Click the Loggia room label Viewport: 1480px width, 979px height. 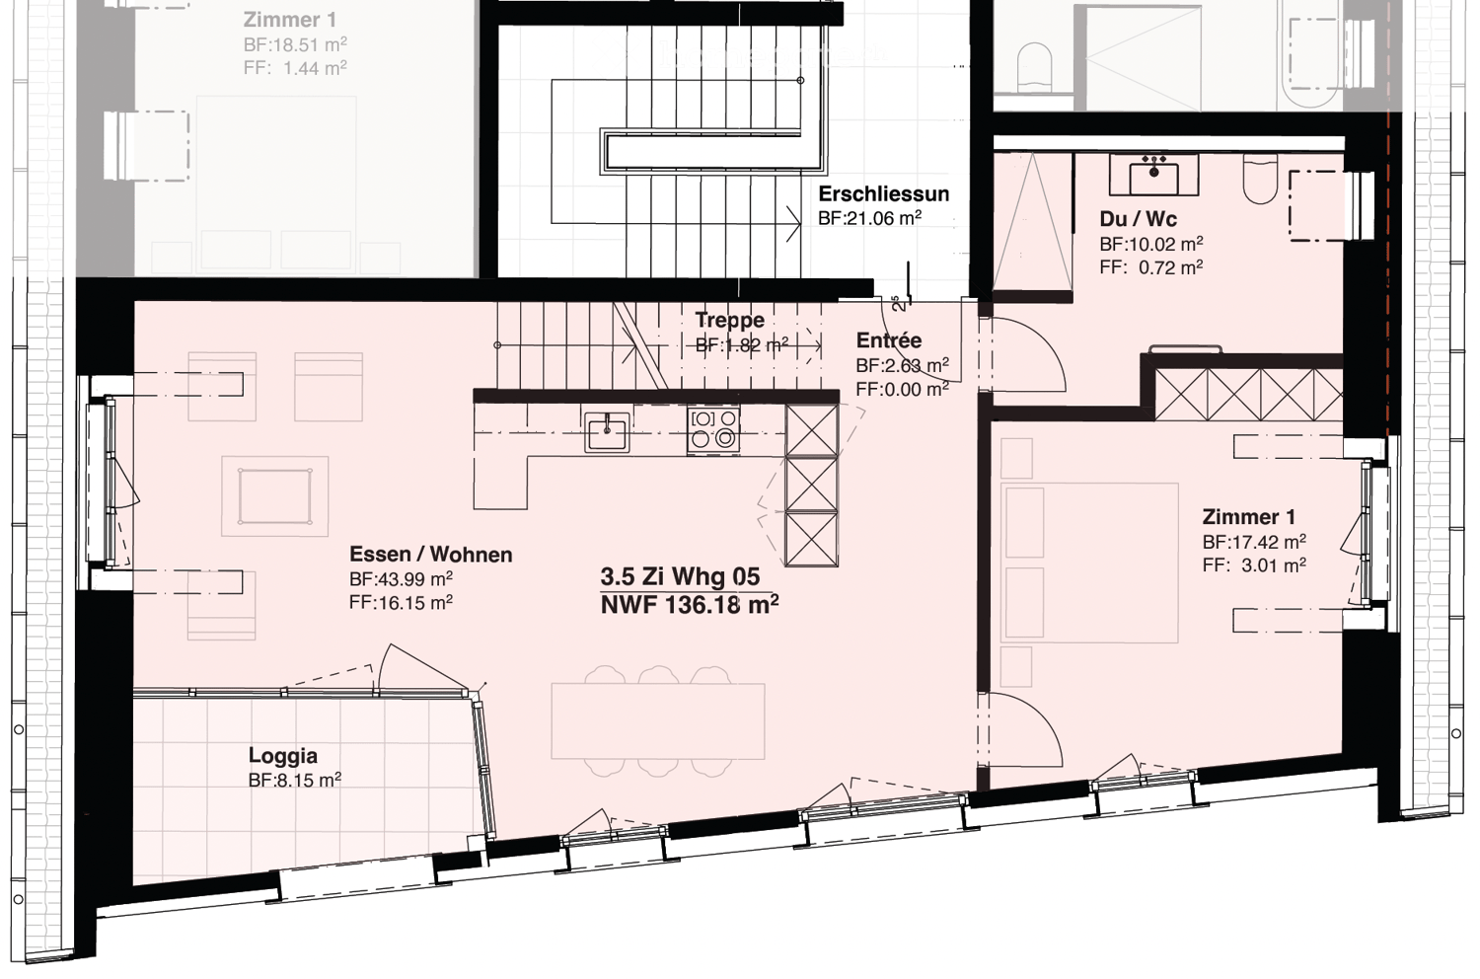[282, 756]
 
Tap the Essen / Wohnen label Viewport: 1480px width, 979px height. [430, 555]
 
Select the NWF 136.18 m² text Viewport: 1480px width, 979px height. [689, 605]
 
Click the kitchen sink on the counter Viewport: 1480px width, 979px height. [607, 431]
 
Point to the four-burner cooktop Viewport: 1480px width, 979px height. [713, 429]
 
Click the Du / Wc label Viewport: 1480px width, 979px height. [1138, 219]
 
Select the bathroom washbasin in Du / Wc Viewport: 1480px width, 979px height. [1153, 175]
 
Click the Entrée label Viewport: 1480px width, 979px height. [888, 340]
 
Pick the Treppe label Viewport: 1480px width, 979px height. [729, 320]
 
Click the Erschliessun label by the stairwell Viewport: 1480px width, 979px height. [883, 193]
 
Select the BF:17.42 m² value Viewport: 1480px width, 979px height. [1253, 542]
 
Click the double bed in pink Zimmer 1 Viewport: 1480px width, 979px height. [1090, 563]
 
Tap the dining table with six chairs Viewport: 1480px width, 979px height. [658, 720]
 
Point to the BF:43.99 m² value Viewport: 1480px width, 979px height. [401, 579]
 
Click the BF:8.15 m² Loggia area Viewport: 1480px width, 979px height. [294, 781]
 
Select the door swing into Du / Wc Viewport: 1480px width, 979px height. [1026, 355]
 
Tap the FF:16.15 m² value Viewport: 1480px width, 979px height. [401, 603]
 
